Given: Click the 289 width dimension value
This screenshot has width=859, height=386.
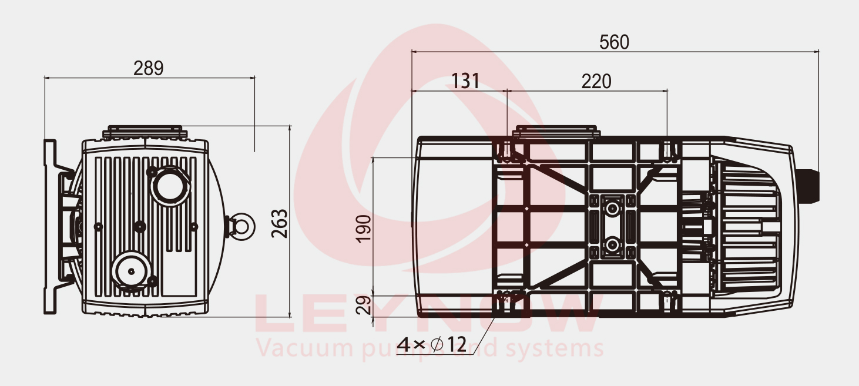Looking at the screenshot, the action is click(x=149, y=68).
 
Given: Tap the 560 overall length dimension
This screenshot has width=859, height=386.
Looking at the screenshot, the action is click(x=614, y=42).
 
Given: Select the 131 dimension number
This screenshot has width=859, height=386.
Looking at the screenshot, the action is click(x=465, y=81).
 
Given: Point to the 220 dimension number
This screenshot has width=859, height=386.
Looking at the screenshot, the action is click(x=596, y=81).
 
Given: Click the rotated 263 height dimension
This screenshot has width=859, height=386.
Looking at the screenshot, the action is click(x=280, y=223).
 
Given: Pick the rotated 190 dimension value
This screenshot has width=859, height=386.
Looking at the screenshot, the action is click(x=364, y=229).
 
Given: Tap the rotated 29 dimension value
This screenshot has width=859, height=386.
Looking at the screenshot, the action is click(x=364, y=305).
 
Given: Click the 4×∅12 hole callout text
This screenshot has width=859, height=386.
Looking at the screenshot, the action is click(x=431, y=344).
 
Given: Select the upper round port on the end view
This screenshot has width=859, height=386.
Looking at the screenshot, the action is click(x=170, y=186).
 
